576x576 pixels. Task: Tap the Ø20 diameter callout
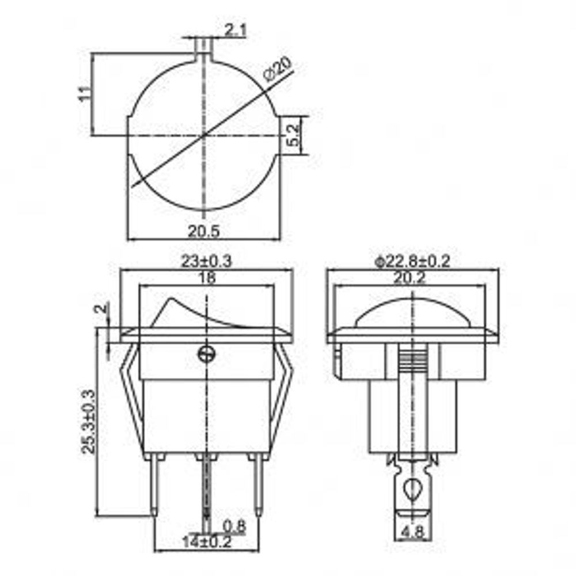pos(278,69)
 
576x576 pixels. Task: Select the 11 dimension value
pos(84,94)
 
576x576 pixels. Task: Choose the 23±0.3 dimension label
pos(206,261)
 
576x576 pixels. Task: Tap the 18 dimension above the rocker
pos(206,278)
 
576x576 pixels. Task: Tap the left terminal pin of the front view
pos(156,484)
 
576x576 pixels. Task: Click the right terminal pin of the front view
pos(257,484)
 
